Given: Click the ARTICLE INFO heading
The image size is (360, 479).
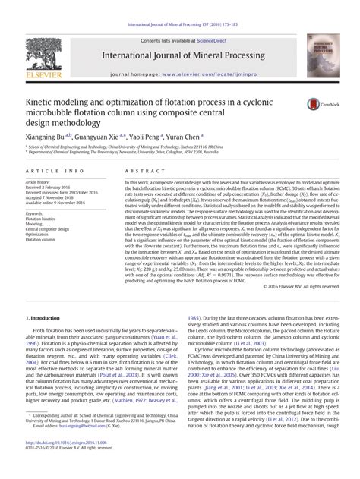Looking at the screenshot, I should point(49,173).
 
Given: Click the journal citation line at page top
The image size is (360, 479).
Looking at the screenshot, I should point(179,5).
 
